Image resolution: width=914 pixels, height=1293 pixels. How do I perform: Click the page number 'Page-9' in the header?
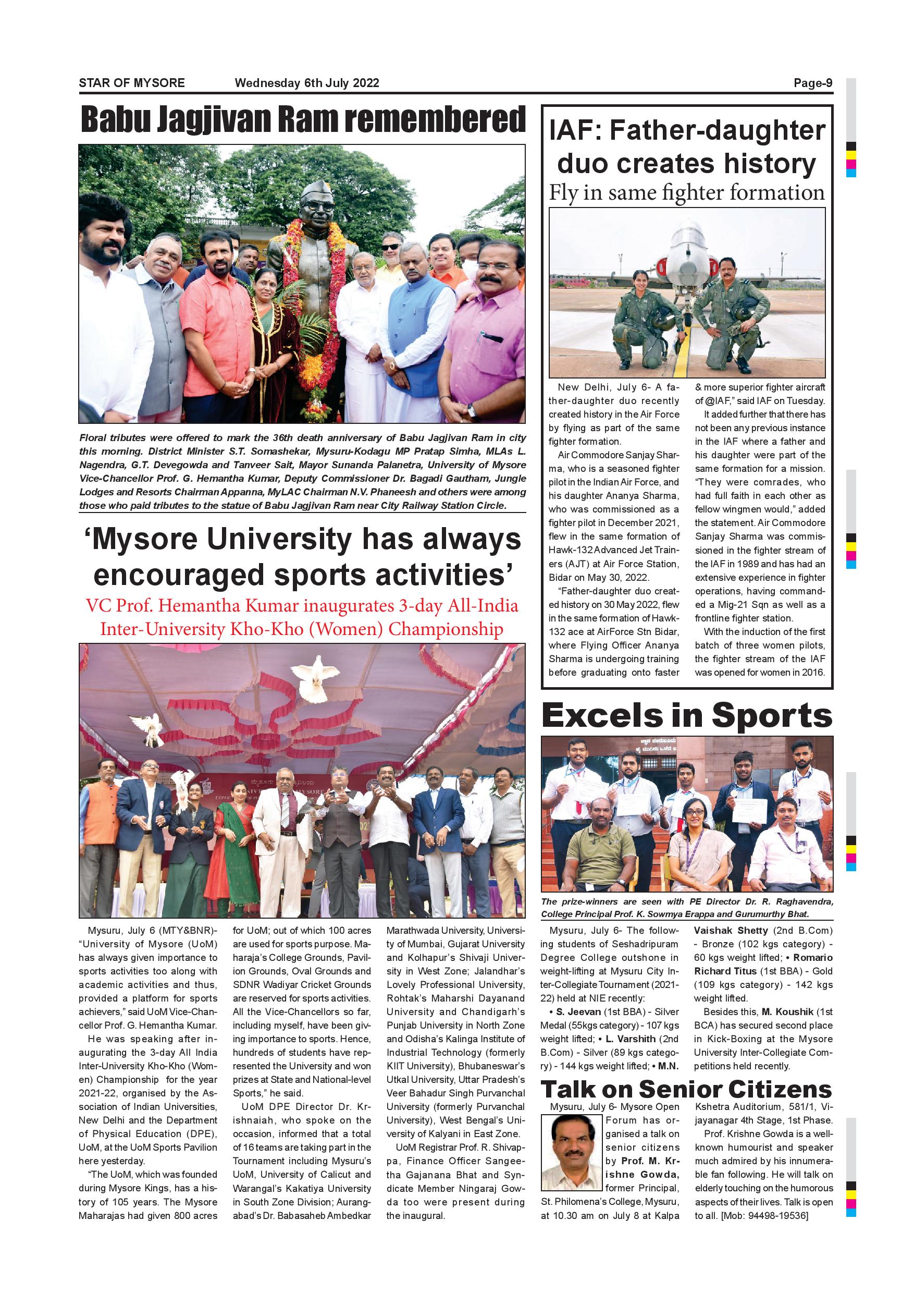[x=813, y=83]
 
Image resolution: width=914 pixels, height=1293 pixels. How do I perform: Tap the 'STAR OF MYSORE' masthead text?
[x=132, y=83]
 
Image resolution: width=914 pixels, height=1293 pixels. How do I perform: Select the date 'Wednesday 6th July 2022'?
[x=307, y=83]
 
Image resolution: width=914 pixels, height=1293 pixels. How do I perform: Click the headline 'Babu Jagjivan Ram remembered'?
[x=302, y=119]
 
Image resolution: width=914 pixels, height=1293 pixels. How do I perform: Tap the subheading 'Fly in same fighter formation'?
[x=687, y=193]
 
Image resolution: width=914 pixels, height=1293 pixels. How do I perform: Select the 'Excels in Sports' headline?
[x=687, y=716]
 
